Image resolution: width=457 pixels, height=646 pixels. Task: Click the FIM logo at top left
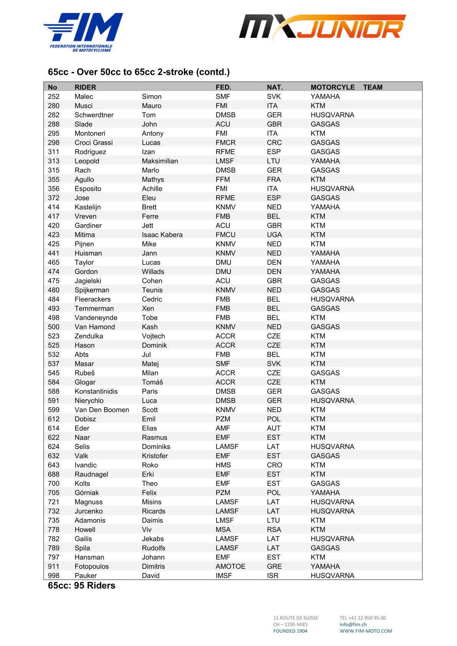(83, 31)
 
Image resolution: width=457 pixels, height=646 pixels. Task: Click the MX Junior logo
(322, 28)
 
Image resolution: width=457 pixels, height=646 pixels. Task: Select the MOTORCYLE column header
(332, 87)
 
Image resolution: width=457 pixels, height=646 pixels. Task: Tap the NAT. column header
(275, 87)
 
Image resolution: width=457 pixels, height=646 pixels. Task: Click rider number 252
(54, 96)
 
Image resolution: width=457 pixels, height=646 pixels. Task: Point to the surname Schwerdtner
(94, 115)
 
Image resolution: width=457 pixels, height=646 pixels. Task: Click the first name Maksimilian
(160, 161)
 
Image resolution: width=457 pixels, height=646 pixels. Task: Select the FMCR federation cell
(225, 142)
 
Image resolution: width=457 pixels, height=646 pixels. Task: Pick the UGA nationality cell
(274, 235)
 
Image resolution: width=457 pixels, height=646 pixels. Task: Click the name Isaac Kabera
(162, 235)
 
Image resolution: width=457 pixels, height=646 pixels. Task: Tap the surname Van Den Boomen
(102, 410)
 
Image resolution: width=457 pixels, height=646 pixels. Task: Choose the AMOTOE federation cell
(230, 566)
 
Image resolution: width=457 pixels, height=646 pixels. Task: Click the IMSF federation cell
(224, 575)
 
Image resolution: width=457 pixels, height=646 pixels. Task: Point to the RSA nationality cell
(274, 529)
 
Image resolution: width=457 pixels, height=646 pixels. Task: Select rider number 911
(54, 566)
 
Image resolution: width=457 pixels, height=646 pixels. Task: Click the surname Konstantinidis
(96, 391)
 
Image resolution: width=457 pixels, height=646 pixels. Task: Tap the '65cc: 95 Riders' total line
(81, 585)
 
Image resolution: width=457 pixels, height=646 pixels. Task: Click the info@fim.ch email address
(353, 625)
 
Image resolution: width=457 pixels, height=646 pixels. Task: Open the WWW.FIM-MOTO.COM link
(366, 631)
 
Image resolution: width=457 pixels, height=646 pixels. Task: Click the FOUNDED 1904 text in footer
(290, 631)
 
